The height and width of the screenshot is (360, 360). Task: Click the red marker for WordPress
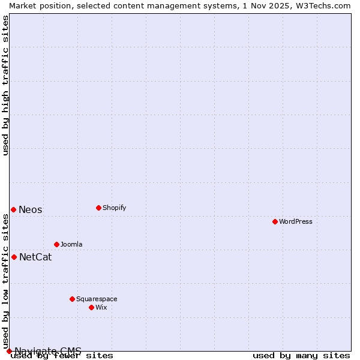click(275, 221)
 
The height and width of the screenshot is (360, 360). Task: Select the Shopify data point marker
click(98, 208)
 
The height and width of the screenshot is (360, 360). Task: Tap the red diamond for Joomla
click(56, 244)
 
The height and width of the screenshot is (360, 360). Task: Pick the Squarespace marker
click(72, 299)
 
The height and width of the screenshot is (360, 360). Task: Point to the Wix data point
click(91, 307)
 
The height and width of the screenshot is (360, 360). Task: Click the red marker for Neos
click(13, 209)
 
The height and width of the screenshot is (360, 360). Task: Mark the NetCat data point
click(14, 257)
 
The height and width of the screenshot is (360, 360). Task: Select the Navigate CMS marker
click(9, 351)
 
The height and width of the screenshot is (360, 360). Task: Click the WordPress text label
click(296, 221)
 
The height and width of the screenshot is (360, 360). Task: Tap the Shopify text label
click(114, 208)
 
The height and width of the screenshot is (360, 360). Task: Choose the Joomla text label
click(71, 244)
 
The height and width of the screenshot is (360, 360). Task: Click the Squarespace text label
click(97, 299)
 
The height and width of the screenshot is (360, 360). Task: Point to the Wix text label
click(101, 307)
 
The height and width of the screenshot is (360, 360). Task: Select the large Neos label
click(31, 209)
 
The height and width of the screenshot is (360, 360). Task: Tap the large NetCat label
click(35, 257)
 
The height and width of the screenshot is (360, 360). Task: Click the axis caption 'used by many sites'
click(301, 356)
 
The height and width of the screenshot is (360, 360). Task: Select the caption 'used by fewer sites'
click(62, 356)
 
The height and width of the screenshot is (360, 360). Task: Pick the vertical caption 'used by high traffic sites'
click(6, 85)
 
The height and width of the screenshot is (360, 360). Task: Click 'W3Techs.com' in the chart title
click(322, 5)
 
